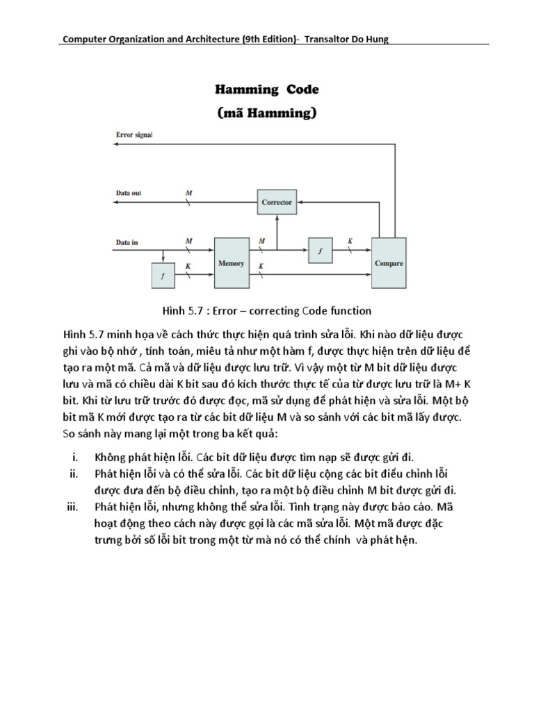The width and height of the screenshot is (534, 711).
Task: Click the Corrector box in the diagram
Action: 277,203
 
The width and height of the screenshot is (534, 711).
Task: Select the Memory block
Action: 231,263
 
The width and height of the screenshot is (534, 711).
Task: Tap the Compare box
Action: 389,263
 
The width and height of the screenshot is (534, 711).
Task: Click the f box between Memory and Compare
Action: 320,251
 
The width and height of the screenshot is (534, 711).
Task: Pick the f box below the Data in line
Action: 163,276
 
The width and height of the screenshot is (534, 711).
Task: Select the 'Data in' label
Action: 126,242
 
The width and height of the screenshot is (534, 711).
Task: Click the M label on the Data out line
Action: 189,192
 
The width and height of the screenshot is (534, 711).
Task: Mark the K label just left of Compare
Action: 350,242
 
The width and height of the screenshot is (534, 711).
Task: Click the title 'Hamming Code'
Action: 266,90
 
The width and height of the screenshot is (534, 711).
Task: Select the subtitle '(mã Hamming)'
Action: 267,112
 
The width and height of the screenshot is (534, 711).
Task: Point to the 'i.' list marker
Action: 75,457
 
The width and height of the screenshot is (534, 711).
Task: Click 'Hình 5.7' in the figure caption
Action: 181,310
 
